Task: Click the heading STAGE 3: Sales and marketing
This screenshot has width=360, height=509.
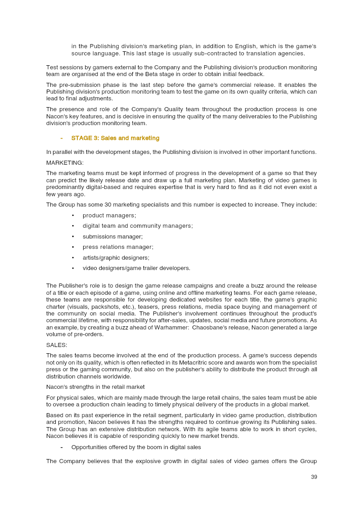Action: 115,138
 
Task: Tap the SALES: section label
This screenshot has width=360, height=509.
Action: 57,345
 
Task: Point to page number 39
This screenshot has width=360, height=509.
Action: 314,477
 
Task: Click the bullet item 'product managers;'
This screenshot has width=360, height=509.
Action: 109,216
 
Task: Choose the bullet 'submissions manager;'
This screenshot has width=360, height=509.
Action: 112,236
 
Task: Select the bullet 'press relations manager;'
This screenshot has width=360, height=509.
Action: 118,247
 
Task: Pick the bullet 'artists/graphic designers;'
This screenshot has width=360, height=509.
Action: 116,257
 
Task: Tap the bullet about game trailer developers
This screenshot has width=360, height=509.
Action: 136,268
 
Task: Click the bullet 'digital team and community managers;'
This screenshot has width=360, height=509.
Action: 138,226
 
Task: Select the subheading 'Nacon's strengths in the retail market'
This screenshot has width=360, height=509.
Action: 95,387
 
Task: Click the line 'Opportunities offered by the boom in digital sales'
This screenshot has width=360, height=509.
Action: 136,447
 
